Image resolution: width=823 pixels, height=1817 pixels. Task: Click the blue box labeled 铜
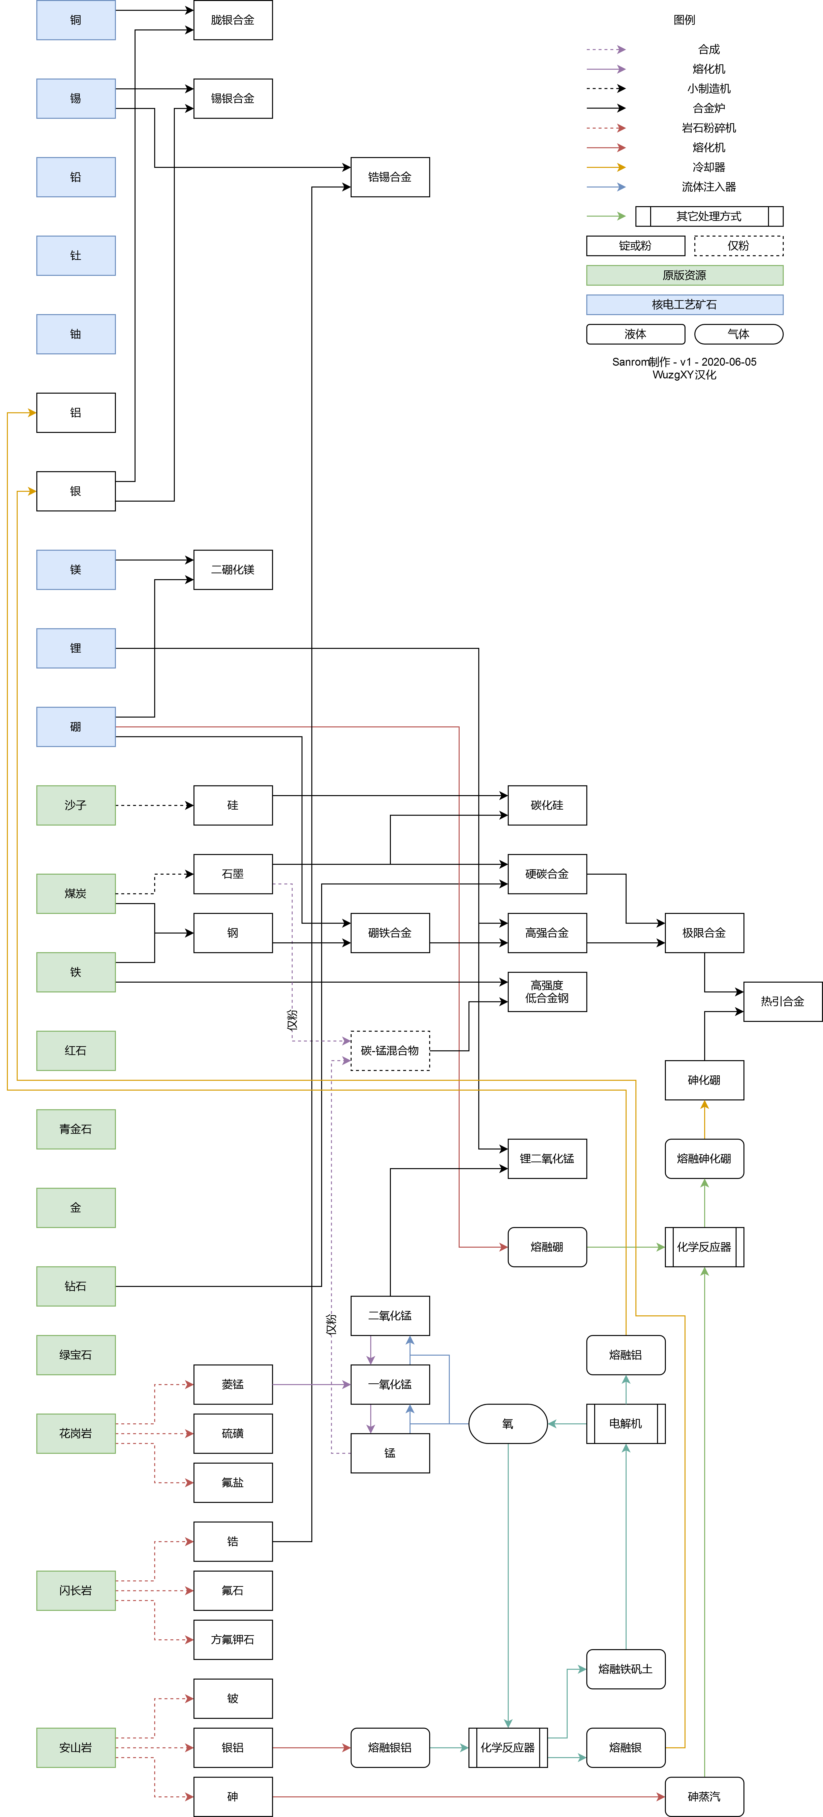click(76, 20)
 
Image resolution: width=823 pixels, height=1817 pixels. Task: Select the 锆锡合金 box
click(390, 177)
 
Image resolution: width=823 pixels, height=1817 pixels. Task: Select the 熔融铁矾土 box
click(625, 1669)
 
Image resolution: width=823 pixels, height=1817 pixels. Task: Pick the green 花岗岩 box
click(76, 1433)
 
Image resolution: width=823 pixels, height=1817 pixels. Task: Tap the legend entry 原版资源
click(684, 275)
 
